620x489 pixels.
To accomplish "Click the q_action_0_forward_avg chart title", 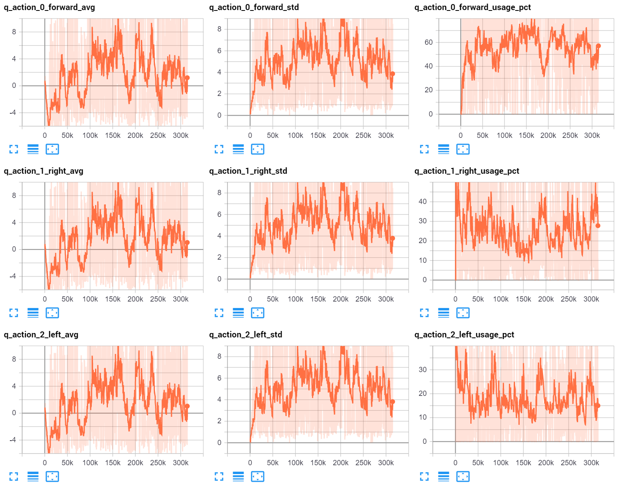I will pos(50,7).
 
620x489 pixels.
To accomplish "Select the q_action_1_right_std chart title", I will pos(248,171).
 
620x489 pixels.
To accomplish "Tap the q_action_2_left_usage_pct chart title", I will pos(464,335).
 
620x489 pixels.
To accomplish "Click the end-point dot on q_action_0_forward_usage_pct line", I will pos(598,46).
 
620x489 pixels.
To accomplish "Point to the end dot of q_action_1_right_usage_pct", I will pos(598,226).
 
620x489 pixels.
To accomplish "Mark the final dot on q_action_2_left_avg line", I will pos(187,406).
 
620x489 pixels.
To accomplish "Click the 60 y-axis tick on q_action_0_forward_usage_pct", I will pos(429,42).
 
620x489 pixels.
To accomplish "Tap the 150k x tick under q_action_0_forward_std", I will pos(318,135).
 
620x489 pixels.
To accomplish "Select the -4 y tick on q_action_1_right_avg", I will pos(13,276).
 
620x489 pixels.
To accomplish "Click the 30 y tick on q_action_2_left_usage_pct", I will pos(423,370).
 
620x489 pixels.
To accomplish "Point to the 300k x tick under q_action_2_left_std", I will pos(386,463).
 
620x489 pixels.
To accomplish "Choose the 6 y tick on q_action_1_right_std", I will pos(219,214).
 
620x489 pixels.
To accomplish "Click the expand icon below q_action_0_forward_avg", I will pos(14,149).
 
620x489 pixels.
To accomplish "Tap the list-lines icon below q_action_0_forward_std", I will pos(238,149).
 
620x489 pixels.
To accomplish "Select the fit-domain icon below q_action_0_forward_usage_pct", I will pos(463,149).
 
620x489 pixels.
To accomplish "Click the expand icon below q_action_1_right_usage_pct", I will pos(424,313).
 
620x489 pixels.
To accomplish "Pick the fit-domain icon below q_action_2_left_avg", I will pos(52,477).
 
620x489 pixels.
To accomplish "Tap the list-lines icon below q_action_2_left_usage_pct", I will pos(444,477).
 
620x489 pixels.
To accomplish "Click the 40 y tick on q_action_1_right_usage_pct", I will pos(423,202).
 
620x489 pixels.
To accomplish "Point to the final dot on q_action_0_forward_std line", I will pos(393,74).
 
